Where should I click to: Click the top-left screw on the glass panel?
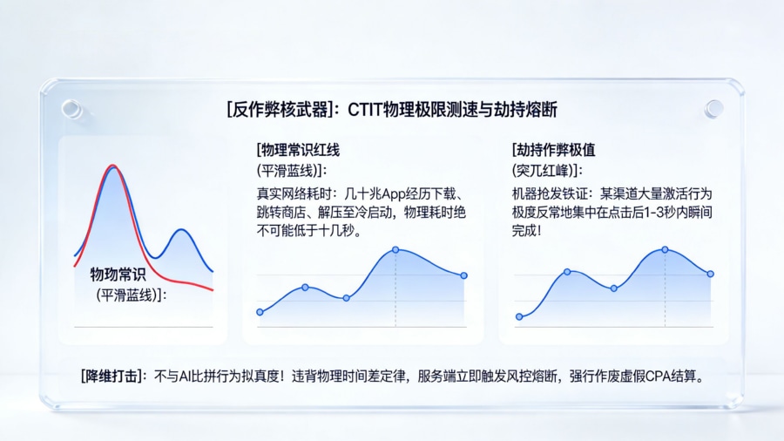click(x=71, y=108)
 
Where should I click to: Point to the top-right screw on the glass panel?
click(x=713, y=108)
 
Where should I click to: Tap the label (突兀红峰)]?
click(x=547, y=169)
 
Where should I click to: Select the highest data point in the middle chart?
click(x=395, y=249)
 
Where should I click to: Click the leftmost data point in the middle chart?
click(x=260, y=311)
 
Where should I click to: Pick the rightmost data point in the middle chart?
click(x=463, y=275)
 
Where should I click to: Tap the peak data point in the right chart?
click(x=665, y=249)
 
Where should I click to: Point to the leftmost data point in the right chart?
click(x=518, y=316)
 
